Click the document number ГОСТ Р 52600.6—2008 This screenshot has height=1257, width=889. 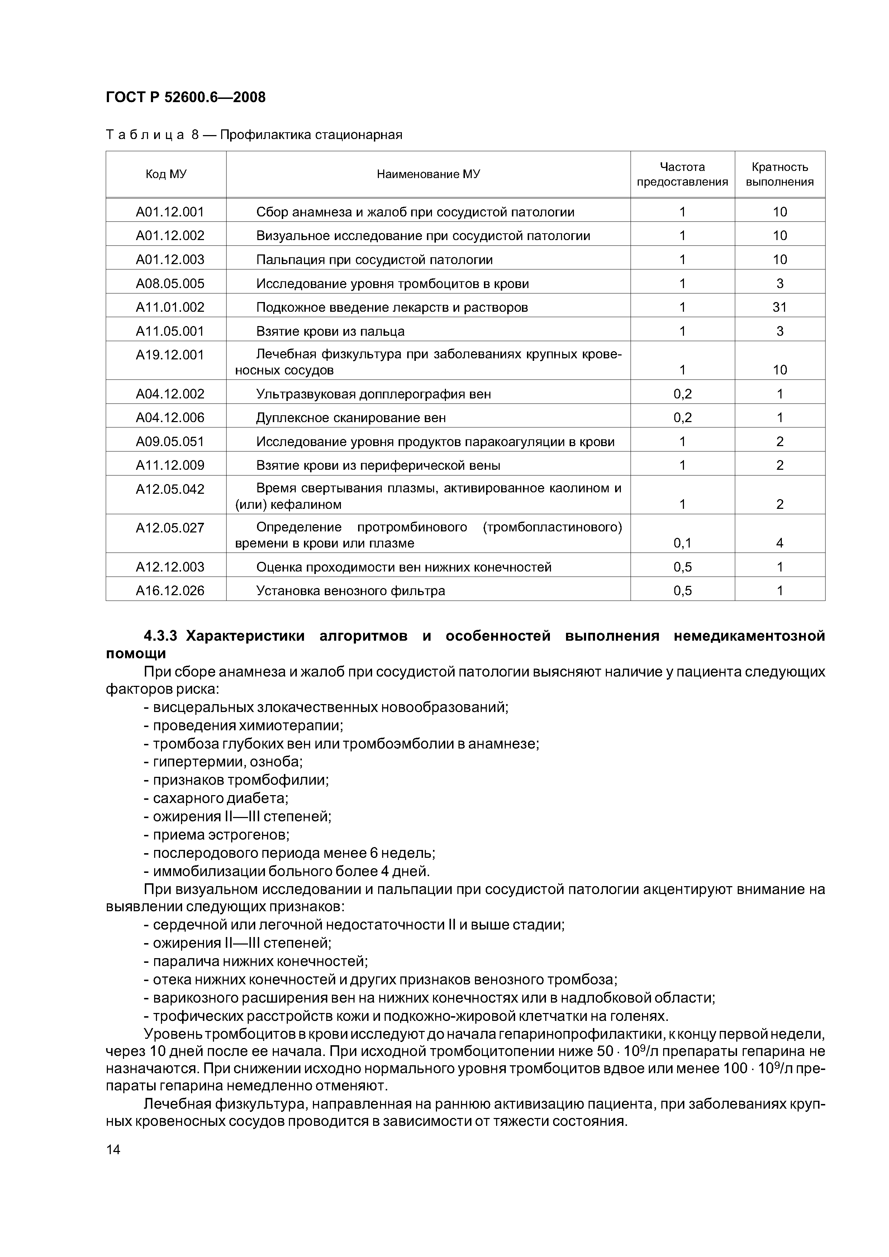185,97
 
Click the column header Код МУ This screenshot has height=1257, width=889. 166,174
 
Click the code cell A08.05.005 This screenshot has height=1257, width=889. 170,283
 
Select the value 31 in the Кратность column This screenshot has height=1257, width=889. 779,307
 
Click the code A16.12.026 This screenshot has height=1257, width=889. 170,591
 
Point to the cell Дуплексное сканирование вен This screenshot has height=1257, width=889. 351,418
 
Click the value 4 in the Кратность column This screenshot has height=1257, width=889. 779,543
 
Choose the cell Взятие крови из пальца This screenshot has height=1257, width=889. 330,331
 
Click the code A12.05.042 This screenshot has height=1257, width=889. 170,489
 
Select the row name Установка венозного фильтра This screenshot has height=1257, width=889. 351,591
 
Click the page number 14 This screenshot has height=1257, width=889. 113,1150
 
